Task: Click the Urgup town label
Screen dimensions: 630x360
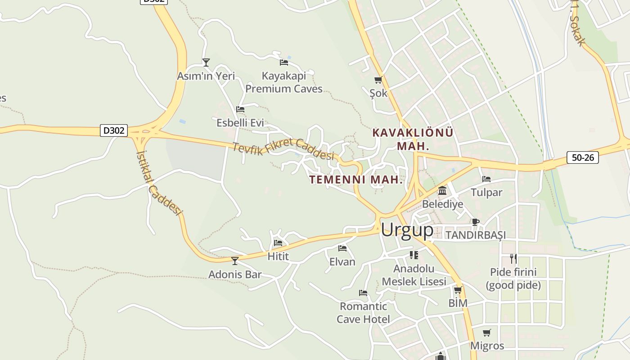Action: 407,230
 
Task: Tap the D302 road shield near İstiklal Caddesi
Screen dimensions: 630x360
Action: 113,130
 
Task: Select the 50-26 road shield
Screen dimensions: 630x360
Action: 582,157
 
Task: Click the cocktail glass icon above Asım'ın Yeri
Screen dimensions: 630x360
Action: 206,62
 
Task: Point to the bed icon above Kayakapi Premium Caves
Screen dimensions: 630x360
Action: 284,62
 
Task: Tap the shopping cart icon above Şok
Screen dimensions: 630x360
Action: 378,80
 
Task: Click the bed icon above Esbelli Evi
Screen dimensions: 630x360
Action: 240,109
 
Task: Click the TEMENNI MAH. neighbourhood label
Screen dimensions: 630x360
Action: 355,180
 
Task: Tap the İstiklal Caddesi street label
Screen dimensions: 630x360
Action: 158,182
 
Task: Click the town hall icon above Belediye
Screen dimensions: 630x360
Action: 442,191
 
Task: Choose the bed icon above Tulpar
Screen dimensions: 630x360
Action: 486,179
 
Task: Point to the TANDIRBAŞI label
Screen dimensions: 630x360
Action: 475,235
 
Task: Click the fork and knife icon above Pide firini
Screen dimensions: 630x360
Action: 513,258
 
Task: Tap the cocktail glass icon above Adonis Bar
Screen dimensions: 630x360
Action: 234,261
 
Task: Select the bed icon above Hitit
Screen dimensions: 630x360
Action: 278,243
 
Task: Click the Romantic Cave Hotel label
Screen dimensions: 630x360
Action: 363,313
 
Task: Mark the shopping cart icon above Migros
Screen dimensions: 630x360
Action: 486,333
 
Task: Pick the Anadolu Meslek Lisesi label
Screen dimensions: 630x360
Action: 414,275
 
